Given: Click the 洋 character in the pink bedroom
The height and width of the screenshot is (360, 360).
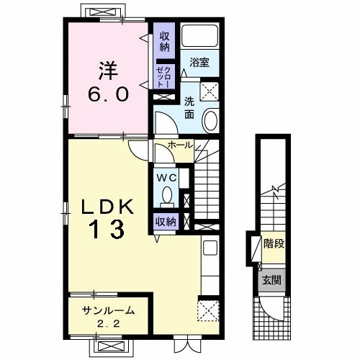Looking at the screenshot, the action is (108, 71).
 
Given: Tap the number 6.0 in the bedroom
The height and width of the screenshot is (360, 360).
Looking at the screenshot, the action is (108, 94).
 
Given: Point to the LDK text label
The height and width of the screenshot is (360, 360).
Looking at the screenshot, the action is (107, 207).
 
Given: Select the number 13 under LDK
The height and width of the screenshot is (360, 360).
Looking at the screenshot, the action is (107, 229).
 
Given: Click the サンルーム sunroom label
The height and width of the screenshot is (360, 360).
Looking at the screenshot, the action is (108, 310).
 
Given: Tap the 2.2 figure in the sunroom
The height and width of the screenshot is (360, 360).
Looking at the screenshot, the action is (109, 324).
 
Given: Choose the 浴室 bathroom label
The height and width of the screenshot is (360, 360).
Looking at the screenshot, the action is (199, 62).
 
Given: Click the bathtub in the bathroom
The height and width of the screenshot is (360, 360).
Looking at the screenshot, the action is (199, 36).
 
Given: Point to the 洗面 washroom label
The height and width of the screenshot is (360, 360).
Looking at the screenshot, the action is (189, 109).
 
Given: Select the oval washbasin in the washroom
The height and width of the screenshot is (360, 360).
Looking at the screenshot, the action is (210, 121).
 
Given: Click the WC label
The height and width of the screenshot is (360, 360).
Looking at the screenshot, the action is (166, 178).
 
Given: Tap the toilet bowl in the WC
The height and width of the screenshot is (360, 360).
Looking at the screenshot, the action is (166, 195).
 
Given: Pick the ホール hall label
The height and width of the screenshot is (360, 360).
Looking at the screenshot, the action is (180, 145).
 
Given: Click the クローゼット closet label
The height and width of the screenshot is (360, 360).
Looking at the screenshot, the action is (164, 77).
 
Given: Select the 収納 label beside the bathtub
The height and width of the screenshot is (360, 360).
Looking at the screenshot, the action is (164, 42).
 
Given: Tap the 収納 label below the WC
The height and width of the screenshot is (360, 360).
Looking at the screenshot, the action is (166, 222).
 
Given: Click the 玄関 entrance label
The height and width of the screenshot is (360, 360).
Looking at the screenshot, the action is (271, 280).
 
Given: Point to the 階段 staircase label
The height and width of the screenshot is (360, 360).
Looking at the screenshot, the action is (274, 243).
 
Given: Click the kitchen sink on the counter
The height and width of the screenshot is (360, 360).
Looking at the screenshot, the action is (210, 248).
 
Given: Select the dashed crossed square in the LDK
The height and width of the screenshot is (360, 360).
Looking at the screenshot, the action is (208, 310).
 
